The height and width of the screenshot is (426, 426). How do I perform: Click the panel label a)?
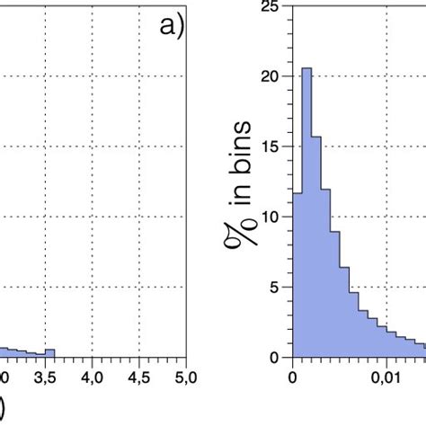(169, 29)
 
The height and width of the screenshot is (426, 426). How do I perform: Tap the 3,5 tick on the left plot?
(47, 375)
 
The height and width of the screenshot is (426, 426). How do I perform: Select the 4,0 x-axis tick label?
(93, 375)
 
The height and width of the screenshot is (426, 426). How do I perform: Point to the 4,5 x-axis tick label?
(138, 375)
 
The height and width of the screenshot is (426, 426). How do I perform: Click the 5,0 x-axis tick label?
(183, 375)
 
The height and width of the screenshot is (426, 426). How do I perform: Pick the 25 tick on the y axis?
(270, 7)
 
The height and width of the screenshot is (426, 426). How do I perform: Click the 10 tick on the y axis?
(270, 217)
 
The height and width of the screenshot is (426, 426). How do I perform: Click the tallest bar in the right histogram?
(306, 216)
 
